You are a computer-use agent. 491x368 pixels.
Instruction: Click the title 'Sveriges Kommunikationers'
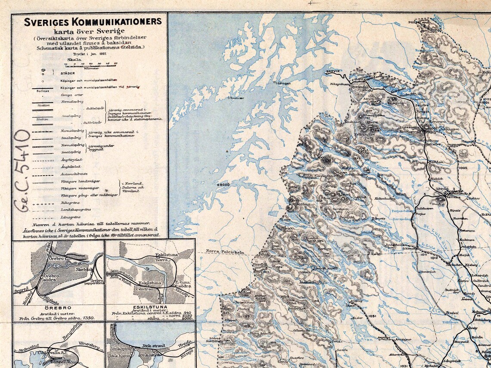[x=92, y=22]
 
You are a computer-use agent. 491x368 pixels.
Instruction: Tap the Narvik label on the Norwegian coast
[x=333, y=71]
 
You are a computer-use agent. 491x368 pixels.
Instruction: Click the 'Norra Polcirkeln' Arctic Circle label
[x=225, y=252]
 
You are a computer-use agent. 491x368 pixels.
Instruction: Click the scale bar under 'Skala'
[x=91, y=65]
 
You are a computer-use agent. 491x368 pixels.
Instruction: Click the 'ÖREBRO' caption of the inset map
[x=58, y=308]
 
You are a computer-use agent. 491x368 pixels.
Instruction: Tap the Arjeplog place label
[x=356, y=300]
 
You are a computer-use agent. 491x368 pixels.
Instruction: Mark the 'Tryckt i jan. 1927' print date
[x=90, y=54]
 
